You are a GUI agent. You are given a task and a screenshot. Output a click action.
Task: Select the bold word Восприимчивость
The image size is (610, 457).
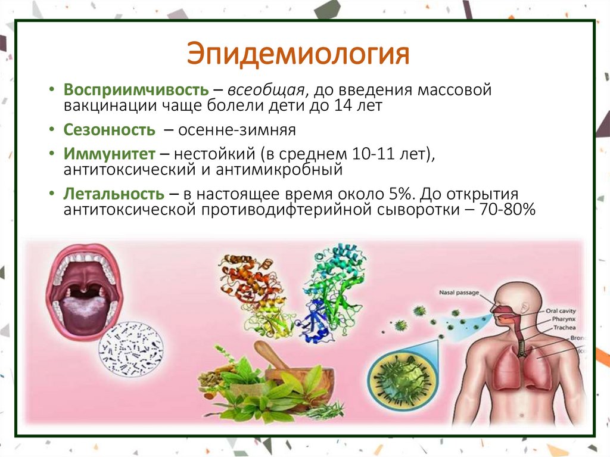[x=136, y=91]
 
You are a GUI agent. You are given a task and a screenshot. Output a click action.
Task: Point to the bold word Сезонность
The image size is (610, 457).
[x=110, y=129]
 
